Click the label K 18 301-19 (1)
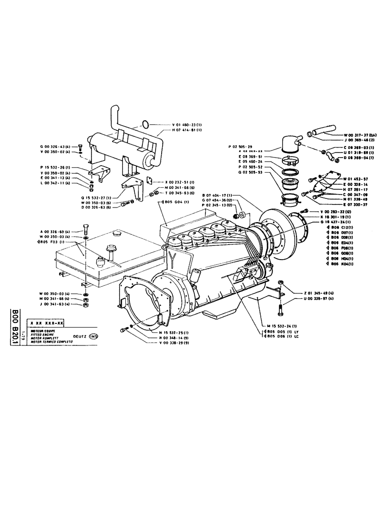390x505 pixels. (337, 216)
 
